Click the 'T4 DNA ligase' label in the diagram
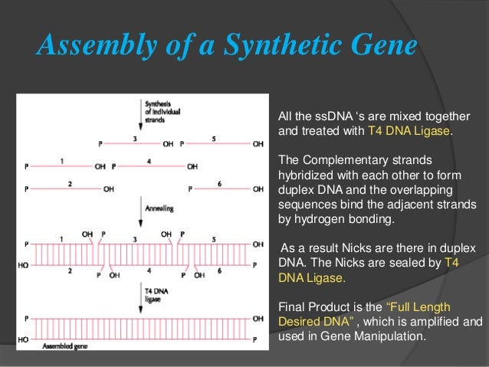[159, 293]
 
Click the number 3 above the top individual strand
[135, 139]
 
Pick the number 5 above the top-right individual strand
[214, 139]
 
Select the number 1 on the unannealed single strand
[61, 160]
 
